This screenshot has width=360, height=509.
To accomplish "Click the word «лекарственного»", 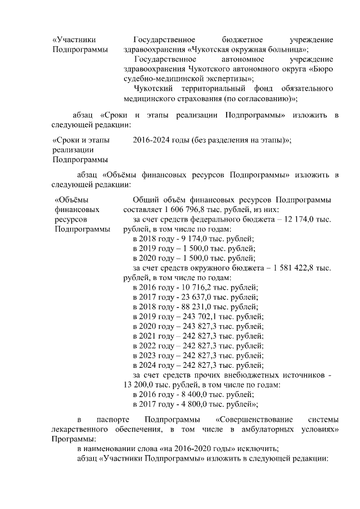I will point(79,430).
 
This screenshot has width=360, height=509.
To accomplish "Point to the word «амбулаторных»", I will point(260,430).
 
